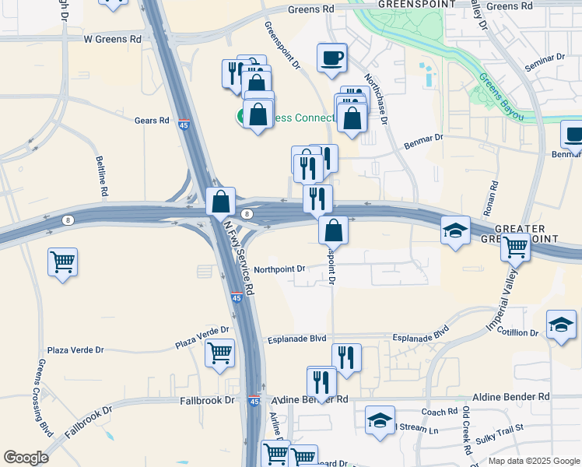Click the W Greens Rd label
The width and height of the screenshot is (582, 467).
tap(113, 38)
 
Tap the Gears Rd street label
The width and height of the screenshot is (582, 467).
tap(152, 121)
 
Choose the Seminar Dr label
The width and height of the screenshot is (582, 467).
tap(545, 64)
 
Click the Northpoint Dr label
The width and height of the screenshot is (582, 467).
tap(279, 269)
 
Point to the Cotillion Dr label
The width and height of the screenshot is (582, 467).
tap(517, 333)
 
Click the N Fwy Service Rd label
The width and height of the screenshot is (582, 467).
tap(238, 256)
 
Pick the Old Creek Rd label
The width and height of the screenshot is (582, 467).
tap(466, 430)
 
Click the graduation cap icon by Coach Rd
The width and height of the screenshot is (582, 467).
tap(379, 421)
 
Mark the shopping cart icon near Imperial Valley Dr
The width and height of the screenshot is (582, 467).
tap(515, 247)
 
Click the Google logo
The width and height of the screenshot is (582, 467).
tap(26, 458)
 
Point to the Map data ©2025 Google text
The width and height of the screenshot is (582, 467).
tap(533, 461)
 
